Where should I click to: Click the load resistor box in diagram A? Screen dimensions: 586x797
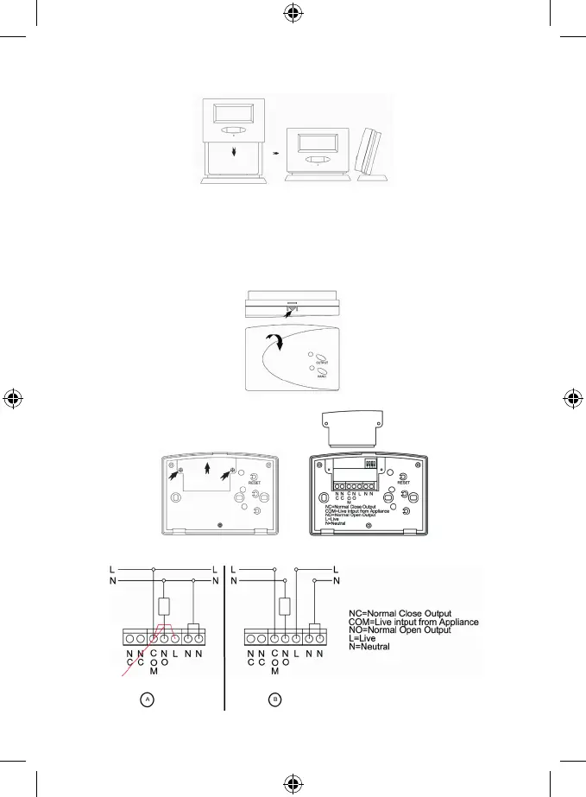click(x=161, y=605)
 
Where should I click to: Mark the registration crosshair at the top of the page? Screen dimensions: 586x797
click(x=293, y=14)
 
